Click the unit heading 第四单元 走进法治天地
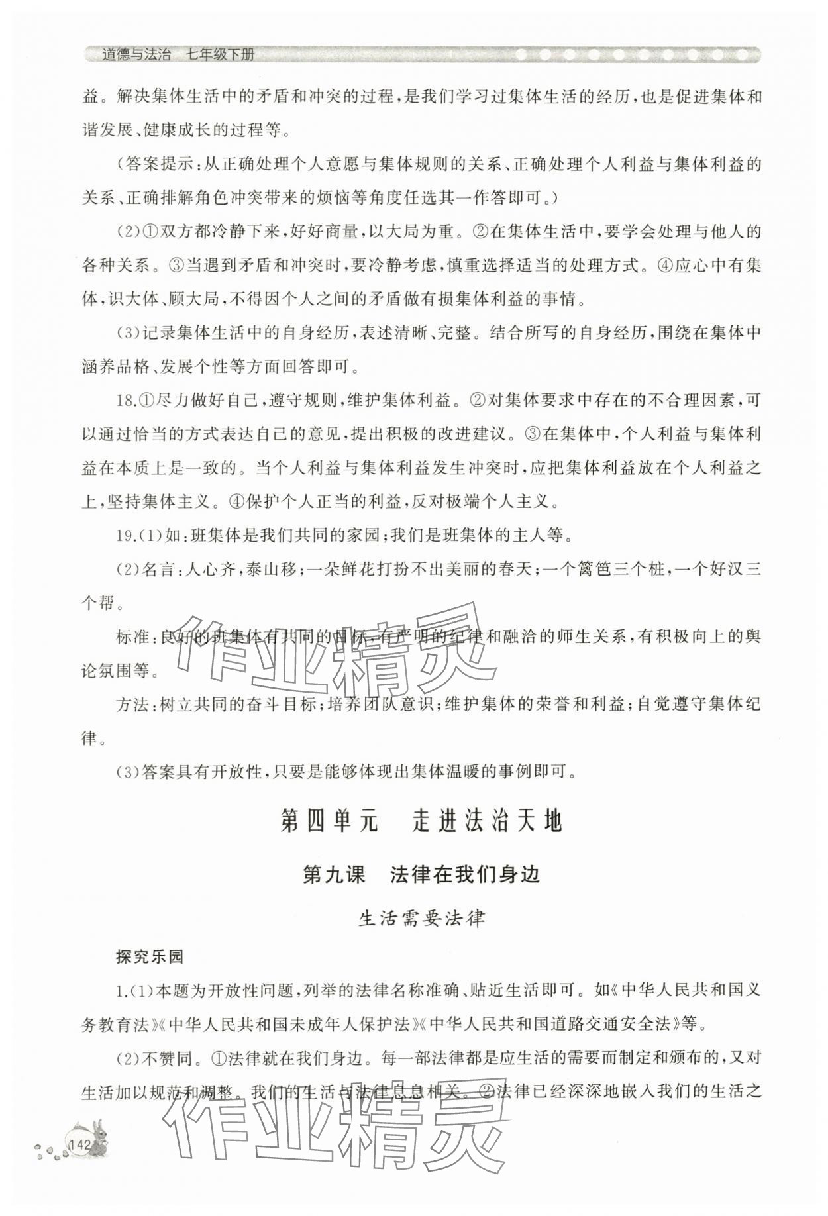click(x=421, y=821)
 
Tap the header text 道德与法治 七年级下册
click(x=178, y=55)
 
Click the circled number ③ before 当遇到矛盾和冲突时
click(x=176, y=266)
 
